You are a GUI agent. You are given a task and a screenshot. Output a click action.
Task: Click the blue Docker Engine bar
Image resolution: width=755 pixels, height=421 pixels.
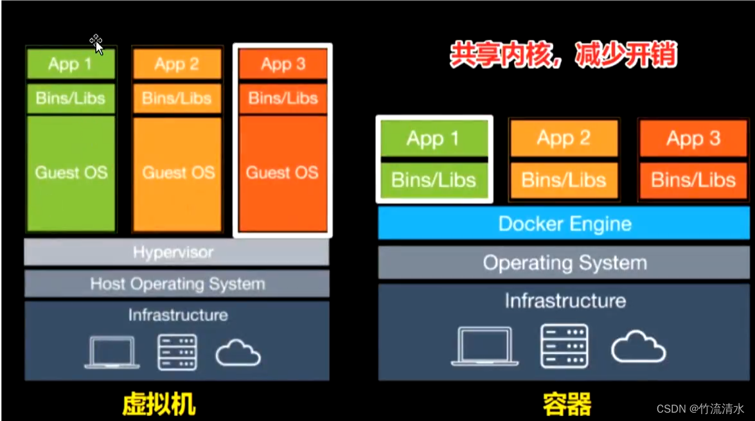565,224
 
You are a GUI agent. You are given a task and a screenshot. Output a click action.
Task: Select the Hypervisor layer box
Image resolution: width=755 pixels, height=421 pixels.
176,252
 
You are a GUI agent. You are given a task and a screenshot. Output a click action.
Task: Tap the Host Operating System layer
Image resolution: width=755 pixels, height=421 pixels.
177,283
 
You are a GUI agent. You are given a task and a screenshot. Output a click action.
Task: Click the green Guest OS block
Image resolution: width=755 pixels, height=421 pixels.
71,173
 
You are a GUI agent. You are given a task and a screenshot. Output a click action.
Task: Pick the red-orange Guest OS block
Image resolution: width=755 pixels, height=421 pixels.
282,173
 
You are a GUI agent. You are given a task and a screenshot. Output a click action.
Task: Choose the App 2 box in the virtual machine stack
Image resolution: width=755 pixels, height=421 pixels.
177,64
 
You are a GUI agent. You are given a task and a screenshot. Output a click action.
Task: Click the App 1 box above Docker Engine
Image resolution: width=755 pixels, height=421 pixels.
434,138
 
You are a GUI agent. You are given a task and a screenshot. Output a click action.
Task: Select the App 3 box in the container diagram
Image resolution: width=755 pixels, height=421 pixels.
693,138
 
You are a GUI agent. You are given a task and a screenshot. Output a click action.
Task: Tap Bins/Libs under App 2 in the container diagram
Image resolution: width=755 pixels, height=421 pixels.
564,180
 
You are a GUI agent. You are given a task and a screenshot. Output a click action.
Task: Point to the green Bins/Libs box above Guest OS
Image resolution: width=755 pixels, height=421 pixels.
71,98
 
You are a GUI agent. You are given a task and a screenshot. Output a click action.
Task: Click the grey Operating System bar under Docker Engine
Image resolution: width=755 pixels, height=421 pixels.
565,263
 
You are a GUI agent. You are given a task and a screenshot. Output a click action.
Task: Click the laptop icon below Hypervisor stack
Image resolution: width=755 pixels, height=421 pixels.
112,352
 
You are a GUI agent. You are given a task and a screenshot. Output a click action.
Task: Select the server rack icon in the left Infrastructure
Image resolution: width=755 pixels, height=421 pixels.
177,352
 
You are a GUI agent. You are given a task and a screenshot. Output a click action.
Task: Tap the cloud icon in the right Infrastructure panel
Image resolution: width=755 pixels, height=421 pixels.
638,347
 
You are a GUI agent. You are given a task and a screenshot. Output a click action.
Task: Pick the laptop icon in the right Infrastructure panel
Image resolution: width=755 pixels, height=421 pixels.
484,346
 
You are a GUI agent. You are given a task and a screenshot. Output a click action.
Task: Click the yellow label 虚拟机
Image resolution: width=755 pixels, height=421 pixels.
159,405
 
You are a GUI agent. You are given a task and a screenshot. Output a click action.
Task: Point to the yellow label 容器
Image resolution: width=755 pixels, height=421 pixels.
566,405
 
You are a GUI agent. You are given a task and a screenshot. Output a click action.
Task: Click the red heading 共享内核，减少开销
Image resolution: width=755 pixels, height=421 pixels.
563,55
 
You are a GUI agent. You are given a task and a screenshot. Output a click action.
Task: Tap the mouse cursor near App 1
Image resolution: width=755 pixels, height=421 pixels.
96,44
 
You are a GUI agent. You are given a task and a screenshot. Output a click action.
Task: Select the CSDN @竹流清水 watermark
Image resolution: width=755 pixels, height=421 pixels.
700,408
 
